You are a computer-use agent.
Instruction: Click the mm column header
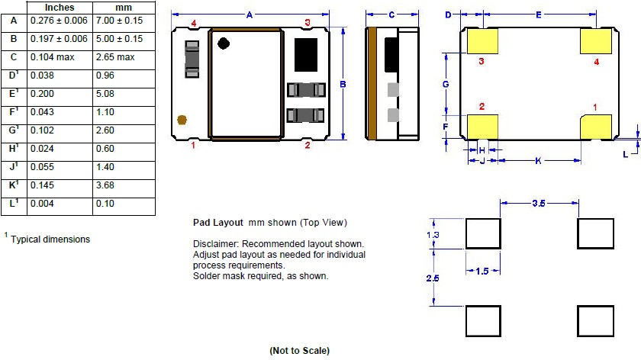pos(124,8)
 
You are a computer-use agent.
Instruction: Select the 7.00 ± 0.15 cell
pos(119,21)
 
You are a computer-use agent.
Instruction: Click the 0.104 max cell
pos(53,57)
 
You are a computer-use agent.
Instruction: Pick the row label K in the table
pos(14,185)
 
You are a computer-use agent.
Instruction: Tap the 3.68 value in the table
pos(105,185)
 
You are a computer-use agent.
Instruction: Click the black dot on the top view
pos(224,43)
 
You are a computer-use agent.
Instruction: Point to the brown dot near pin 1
pos(182,120)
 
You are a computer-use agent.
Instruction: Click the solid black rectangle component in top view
pos(306,55)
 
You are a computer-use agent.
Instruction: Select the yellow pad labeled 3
pos(482,41)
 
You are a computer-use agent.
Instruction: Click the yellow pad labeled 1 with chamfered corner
pos(596,127)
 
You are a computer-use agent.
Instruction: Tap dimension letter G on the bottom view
pos(446,84)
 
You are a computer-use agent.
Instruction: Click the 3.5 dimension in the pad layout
pos(539,203)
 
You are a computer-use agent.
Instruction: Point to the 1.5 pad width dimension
pos(482,271)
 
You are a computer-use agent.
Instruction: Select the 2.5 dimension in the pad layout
pos(433,278)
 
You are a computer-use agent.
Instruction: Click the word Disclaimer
pos(215,244)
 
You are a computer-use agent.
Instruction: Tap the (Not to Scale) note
pos(300,351)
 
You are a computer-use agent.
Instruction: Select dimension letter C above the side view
pos(391,14)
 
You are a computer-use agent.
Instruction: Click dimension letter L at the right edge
pos(626,154)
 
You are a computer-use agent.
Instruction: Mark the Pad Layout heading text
pos(218,223)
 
